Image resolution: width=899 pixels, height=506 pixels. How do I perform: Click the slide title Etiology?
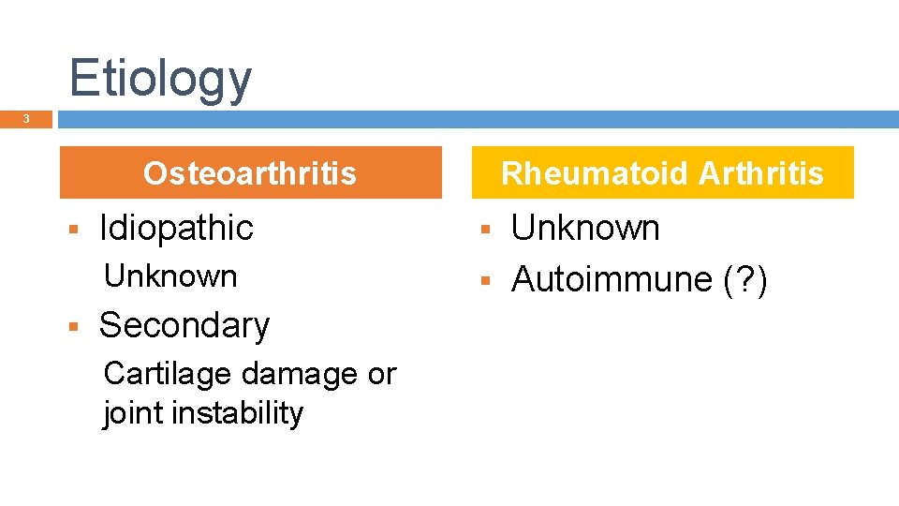pyautogui.click(x=160, y=79)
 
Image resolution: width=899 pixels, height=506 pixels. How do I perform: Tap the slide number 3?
pyautogui.click(x=26, y=119)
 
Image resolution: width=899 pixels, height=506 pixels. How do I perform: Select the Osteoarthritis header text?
pyautogui.click(x=250, y=173)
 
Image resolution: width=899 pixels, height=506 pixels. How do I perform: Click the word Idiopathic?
pyautogui.click(x=176, y=228)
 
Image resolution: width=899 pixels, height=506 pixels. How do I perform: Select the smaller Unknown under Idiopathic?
pyautogui.click(x=170, y=276)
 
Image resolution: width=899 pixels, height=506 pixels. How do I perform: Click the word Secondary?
pyautogui.click(x=184, y=325)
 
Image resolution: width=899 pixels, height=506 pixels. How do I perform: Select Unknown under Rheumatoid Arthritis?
pyautogui.click(x=585, y=228)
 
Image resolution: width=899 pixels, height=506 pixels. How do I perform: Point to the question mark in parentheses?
pyautogui.click(x=746, y=279)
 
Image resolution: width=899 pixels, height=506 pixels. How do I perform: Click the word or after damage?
pyautogui.click(x=381, y=374)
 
